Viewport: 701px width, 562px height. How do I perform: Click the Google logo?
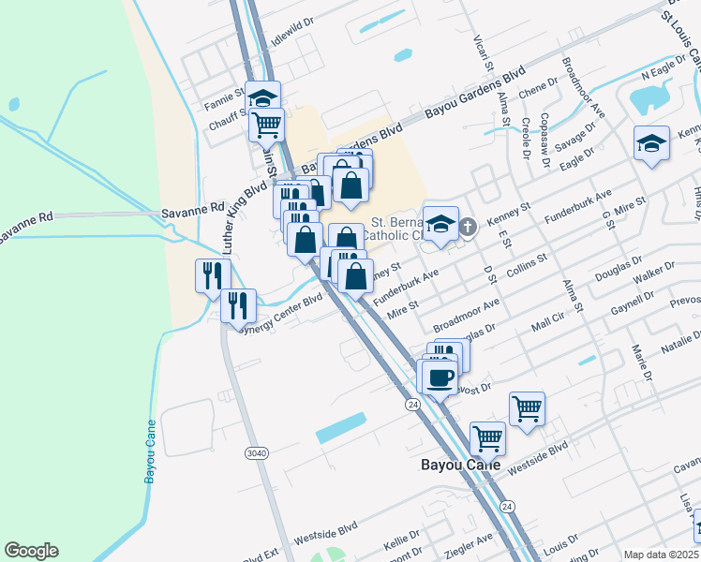click(31, 551)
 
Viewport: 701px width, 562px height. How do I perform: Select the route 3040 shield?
click(256, 453)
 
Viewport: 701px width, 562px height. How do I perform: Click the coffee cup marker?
click(440, 377)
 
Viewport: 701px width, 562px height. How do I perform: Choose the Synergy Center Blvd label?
click(281, 313)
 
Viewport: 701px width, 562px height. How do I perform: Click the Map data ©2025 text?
click(662, 555)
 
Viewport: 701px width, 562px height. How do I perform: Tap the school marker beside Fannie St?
click(264, 97)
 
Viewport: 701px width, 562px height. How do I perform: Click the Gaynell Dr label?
click(631, 303)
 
